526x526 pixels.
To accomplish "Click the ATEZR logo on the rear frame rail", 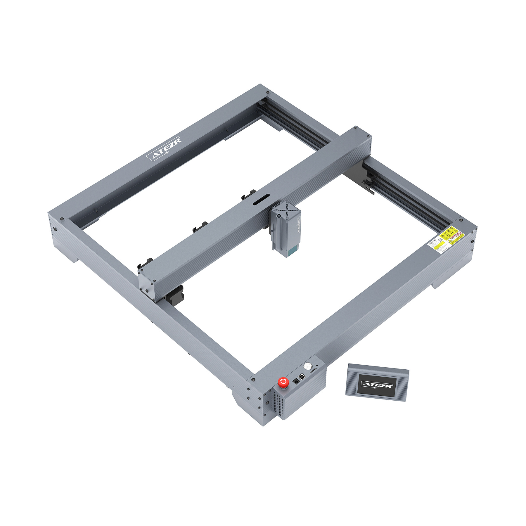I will point(164,149).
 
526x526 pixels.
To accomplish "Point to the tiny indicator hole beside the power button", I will point(317,365).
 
